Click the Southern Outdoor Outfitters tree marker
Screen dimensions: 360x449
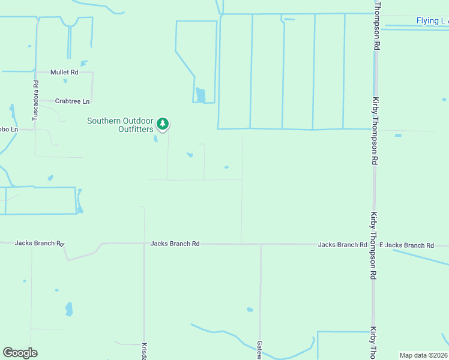click(162, 124)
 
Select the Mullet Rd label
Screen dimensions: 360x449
click(64, 73)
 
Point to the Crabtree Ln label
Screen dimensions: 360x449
click(72, 101)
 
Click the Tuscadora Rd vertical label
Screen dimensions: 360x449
click(35, 101)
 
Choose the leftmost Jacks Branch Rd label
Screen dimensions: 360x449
click(40, 243)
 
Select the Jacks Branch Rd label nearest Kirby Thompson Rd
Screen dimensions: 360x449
click(342, 245)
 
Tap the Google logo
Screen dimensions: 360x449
click(20, 353)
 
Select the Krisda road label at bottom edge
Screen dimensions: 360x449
click(144, 351)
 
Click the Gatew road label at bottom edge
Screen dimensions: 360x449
click(260, 350)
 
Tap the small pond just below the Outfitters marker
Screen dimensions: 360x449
click(155, 139)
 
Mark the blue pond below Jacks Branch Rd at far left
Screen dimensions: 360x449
click(69, 309)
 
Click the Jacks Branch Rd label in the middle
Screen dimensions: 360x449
click(175, 244)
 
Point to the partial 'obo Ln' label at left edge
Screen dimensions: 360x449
click(8, 129)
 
